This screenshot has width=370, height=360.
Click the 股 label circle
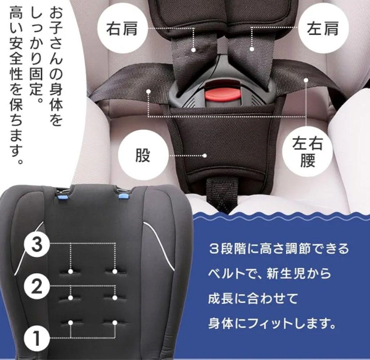[x=143, y=156]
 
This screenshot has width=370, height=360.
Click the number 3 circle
[x=36, y=245]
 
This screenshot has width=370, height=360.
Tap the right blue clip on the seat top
[x=123, y=196]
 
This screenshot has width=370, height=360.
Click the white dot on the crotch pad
[x=205, y=156]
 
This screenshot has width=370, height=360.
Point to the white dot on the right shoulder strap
[x=194, y=50]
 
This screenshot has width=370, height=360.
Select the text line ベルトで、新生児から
[x=270, y=274]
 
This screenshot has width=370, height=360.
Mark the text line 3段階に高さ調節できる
[x=279, y=249]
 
